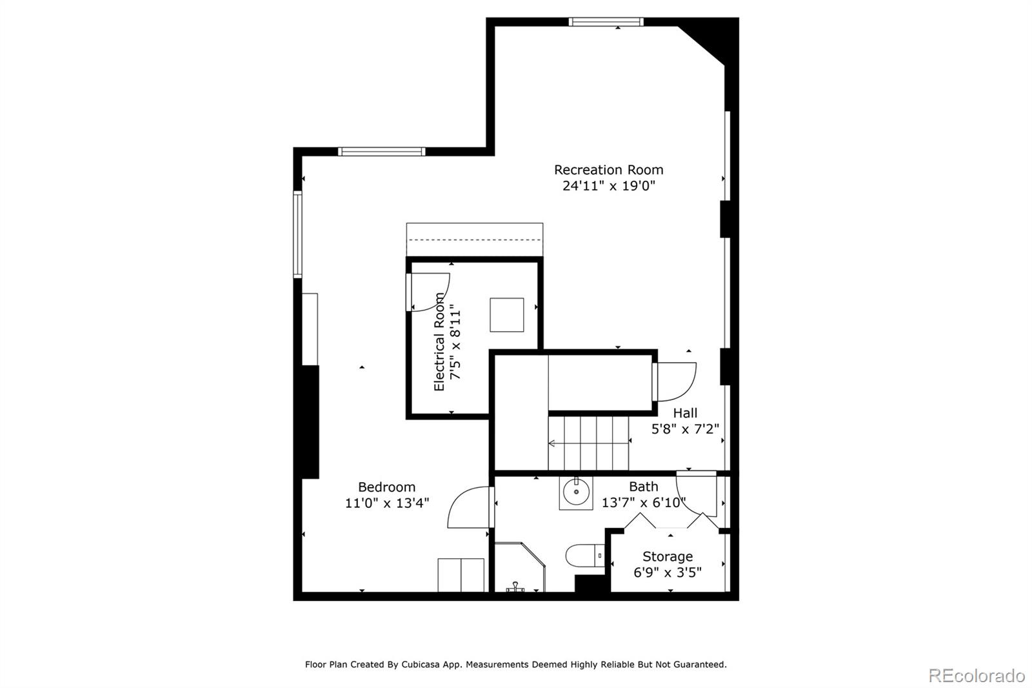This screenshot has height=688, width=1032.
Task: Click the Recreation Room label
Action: click(608, 170)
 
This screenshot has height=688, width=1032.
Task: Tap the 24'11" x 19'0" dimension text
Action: click(608, 186)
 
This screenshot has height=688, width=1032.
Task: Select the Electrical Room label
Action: click(439, 342)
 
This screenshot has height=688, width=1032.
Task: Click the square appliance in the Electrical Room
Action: click(506, 314)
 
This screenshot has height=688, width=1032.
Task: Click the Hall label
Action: click(685, 413)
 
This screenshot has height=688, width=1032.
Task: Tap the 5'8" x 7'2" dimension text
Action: click(685, 429)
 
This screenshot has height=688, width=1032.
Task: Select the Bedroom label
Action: click(386, 487)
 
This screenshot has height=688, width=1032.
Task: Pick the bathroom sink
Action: click(575, 493)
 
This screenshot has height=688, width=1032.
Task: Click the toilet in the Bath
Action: click(584, 556)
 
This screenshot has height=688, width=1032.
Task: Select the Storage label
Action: click(668, 556)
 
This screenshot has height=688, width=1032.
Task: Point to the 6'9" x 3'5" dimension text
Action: click(668, 572)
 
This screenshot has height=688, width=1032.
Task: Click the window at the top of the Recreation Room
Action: click(606, 22)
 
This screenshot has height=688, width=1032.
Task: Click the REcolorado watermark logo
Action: click(976, 676)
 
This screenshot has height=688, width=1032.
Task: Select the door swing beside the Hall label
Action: click(677, 381)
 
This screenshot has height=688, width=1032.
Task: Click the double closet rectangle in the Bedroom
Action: click(461, 575)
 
